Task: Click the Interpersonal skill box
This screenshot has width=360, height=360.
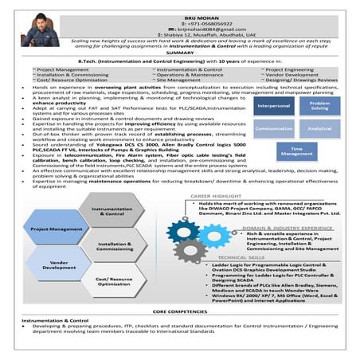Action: coord(275,105)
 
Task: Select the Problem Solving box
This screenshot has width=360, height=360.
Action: coord(320,105)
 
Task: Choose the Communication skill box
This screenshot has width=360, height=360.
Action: coord(275,128)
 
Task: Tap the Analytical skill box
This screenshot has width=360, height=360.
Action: coord(320,128)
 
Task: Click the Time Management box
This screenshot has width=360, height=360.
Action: coord(297,151)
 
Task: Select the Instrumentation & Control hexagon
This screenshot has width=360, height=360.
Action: coord(113,212)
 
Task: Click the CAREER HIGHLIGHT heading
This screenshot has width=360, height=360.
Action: coord(217,195)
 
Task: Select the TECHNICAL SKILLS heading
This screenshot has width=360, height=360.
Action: coord(241,258)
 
